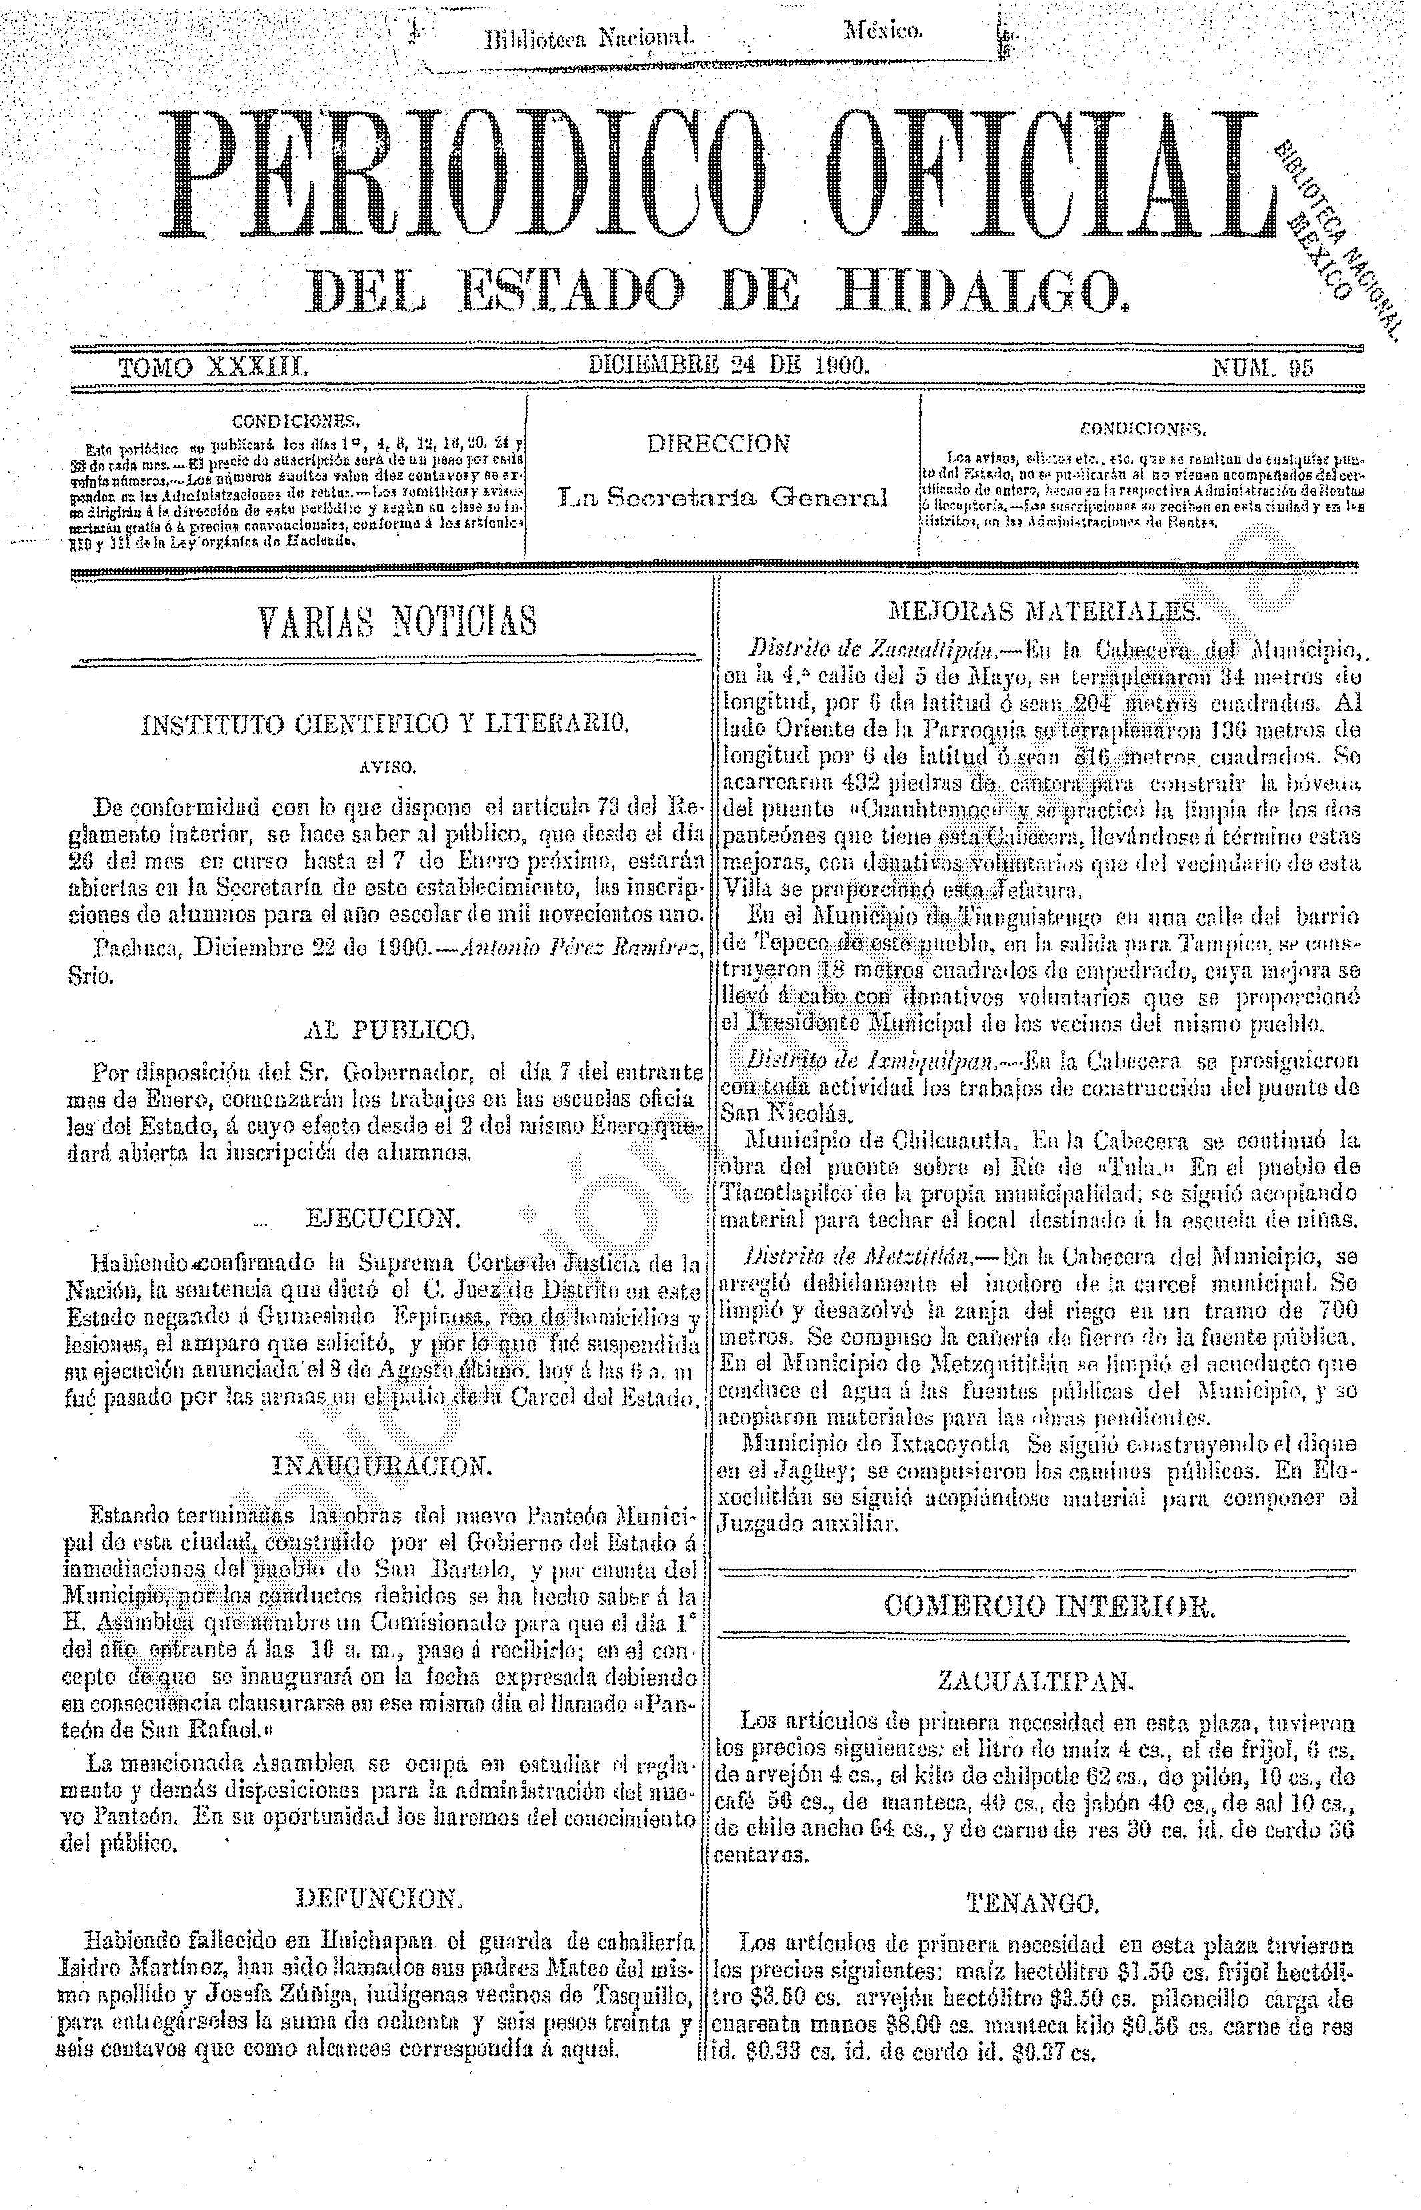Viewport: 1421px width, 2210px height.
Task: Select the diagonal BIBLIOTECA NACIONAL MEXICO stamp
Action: click(1338, 234)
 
